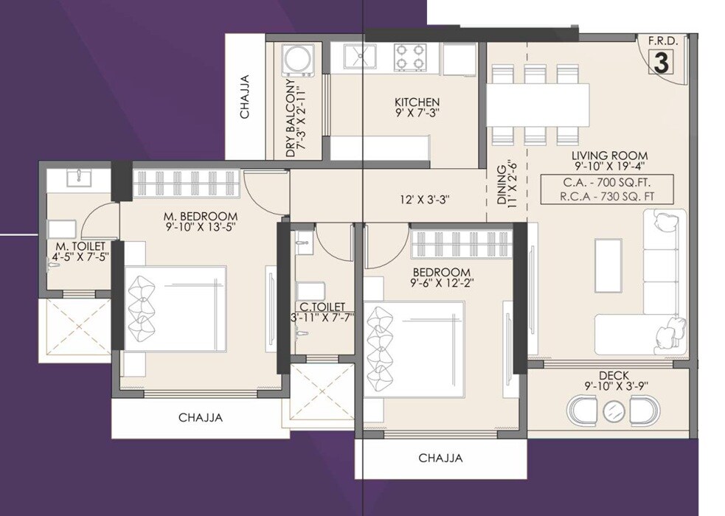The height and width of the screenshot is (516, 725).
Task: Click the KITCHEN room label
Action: click(417, 102)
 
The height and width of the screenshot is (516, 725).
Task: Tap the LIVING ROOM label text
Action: click(609, 156)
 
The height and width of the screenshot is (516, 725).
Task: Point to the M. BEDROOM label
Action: click(201, 216)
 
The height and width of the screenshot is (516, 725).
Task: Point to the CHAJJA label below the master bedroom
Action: click(201, 418)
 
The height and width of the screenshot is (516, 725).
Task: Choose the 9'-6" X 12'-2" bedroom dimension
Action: click(441, 282)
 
